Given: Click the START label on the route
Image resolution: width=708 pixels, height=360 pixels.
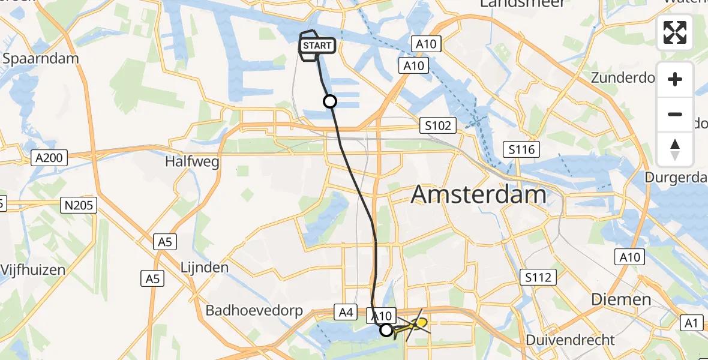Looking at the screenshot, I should [316, 46].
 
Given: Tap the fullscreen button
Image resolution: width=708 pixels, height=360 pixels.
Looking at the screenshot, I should [675, 32].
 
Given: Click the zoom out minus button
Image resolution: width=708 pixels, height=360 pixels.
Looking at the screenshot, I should [675, 114].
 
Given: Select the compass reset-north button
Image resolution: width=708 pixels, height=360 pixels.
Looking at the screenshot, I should [675, 149].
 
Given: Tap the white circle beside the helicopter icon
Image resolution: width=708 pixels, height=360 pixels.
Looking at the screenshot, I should [386, 329].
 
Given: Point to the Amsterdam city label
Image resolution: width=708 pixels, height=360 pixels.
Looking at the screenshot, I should [479, 195].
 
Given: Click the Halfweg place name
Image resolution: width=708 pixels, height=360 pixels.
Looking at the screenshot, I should [193, 162].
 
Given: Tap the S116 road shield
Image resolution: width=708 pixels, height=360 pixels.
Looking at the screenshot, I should [521, 149].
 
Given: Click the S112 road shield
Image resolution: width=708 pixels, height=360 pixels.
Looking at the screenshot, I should [538, 277].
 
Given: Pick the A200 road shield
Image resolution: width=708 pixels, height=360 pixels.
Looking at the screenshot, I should [49, 158].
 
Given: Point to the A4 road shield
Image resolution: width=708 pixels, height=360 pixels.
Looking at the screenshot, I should [345, 311].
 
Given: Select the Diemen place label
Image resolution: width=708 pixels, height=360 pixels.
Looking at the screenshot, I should [621, 299].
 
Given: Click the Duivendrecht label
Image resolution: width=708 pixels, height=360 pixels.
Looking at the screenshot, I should [570, 340].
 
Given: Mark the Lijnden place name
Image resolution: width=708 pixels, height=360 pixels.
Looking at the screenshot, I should [205, 268].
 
